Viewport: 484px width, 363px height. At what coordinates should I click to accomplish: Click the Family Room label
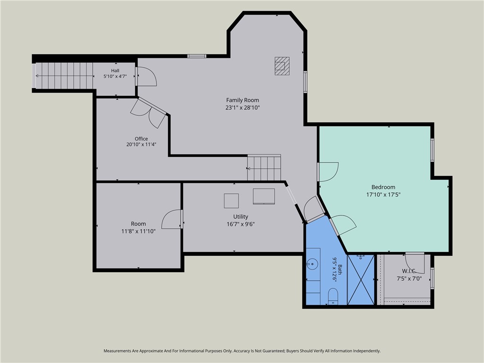coord(242,100)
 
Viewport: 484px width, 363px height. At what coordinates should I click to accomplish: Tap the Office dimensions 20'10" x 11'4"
coord(141,145)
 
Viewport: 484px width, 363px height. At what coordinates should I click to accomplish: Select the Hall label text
coord(115,71)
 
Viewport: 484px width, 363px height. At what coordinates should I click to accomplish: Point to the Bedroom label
coord(383,187)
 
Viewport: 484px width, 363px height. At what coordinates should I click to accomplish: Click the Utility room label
coord(241,216)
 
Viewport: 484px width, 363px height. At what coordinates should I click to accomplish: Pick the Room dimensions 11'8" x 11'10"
coord(138,231)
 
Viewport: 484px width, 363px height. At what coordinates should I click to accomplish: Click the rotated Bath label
coord(340,269)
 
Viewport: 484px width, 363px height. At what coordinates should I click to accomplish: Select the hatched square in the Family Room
coord(282,66)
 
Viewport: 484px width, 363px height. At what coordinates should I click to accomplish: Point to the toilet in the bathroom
coord(333,296)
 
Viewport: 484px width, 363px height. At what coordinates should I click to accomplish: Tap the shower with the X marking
coord(361,280)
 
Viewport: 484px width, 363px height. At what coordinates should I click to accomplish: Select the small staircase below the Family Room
coord(264,168)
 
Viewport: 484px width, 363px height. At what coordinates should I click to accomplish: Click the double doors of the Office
coord(148,112)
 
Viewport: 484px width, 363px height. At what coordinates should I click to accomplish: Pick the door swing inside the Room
coord(172,219)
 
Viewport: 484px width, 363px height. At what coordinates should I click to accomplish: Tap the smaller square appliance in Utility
coord(231,200)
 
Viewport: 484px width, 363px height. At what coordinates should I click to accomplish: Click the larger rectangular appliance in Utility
coord(264,196)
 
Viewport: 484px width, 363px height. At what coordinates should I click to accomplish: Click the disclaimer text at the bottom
coord(242,351)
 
